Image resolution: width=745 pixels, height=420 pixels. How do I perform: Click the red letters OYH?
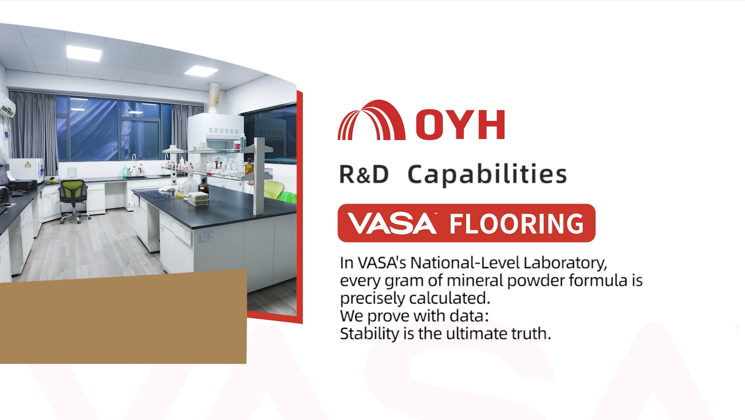coord(460,125)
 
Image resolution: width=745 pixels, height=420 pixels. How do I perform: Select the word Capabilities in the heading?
coord(487,175)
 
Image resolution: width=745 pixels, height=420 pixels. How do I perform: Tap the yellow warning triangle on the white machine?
coord(28,164)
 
